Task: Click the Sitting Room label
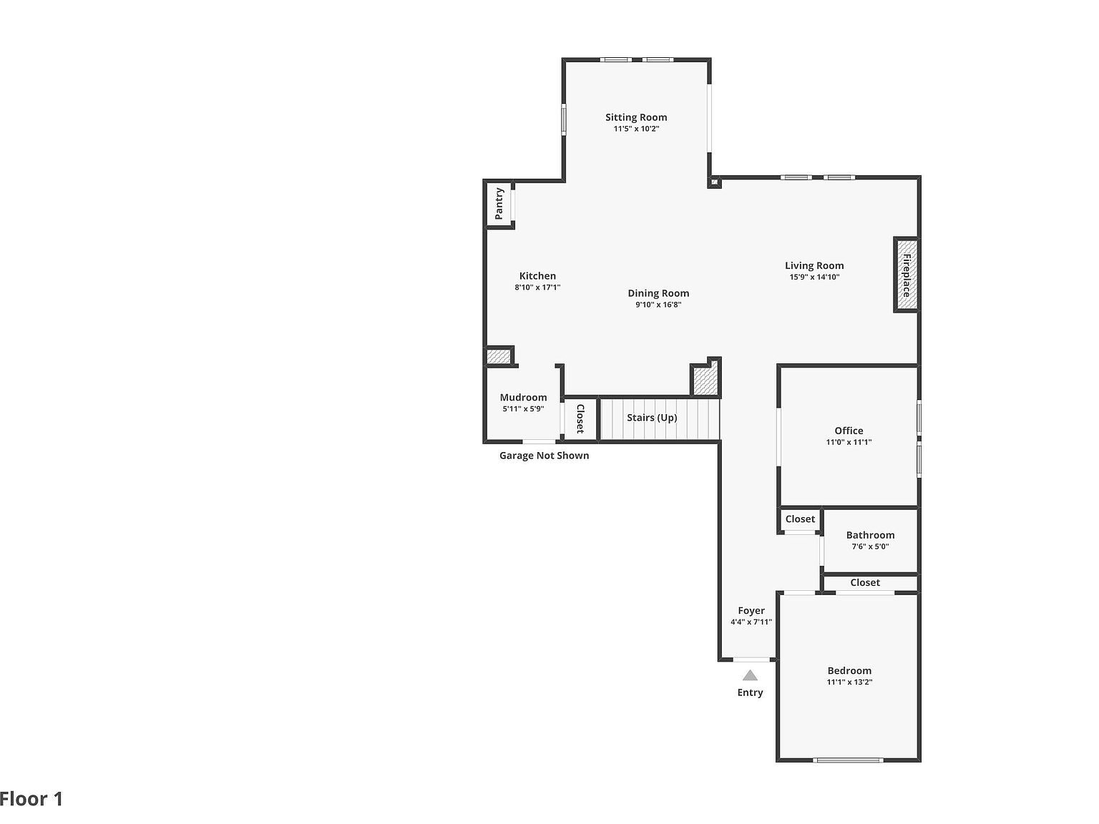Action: coord(635,117)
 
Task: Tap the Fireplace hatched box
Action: coord(906,275)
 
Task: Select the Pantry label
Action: coord(499,204)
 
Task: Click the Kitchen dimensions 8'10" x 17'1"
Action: coord(537,288)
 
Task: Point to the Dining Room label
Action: coord(658,293)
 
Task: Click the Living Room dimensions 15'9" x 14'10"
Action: coord(814,277)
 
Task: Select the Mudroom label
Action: coord(523,398)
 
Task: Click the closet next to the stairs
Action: coord(580,419)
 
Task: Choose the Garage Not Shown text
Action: coord(544,456)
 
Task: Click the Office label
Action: coord(849,431)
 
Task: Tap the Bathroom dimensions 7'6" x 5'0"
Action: coord(870,546)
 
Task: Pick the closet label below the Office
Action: coord(800,519)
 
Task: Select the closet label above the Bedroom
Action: coord(865,583)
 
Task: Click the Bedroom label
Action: coord(849,671)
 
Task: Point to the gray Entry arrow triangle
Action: coord(750,675)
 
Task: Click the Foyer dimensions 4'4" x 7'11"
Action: coord(751,622)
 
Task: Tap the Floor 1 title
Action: coord(31,799)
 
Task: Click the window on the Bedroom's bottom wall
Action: coord(849,760)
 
